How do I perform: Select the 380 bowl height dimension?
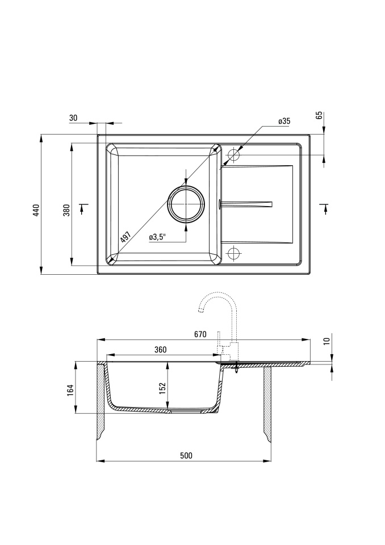(66, 210)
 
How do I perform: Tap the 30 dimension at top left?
(73, 118)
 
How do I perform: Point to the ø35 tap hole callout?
(284, 121)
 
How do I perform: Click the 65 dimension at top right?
(320, 115)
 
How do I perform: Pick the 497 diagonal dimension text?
(125, 237)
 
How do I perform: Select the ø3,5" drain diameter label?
(157, 237)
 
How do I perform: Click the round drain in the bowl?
(186, 204)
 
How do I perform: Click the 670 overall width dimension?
(200, 334)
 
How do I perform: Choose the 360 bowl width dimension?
(160, 350)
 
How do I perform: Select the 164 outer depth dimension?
(71, 390)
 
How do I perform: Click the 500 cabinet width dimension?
(186, 455)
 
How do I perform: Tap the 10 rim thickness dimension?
(326, 341)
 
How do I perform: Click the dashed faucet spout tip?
(200, 310)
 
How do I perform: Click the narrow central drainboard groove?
(246, 204)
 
